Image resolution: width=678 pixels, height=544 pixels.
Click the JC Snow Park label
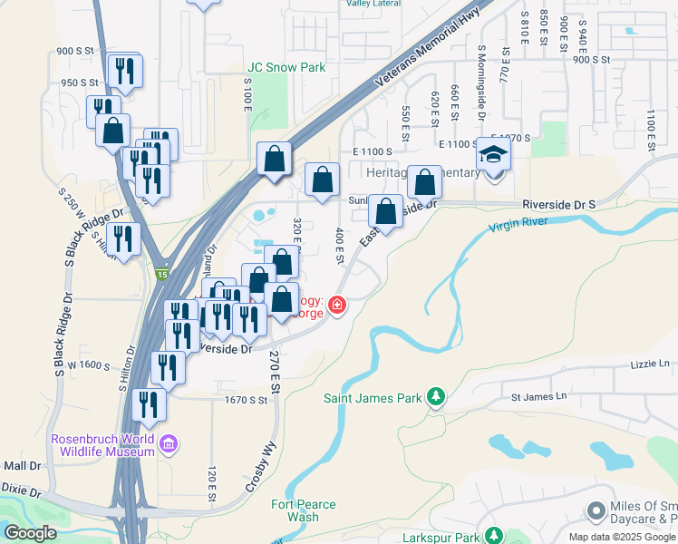(x=286, y=67)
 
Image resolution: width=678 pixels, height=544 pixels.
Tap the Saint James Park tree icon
(x=437, y=397)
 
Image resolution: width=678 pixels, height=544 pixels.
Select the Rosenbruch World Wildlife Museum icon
(x=167, y=444)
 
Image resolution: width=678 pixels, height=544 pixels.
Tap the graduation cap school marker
(x=494, y=155)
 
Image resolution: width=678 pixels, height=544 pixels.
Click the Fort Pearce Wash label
(x=304, y=510)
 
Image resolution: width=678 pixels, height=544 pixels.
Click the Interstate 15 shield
(x=160, y=274)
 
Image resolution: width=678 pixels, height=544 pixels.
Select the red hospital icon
(x=337, y=305)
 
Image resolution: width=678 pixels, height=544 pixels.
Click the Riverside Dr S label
(x=558, y=206)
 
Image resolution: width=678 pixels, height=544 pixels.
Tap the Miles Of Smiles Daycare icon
(x=596, y=511)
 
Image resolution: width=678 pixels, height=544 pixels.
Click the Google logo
(x=31, y=532)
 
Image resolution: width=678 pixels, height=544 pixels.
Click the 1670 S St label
(x=245, y=399)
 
